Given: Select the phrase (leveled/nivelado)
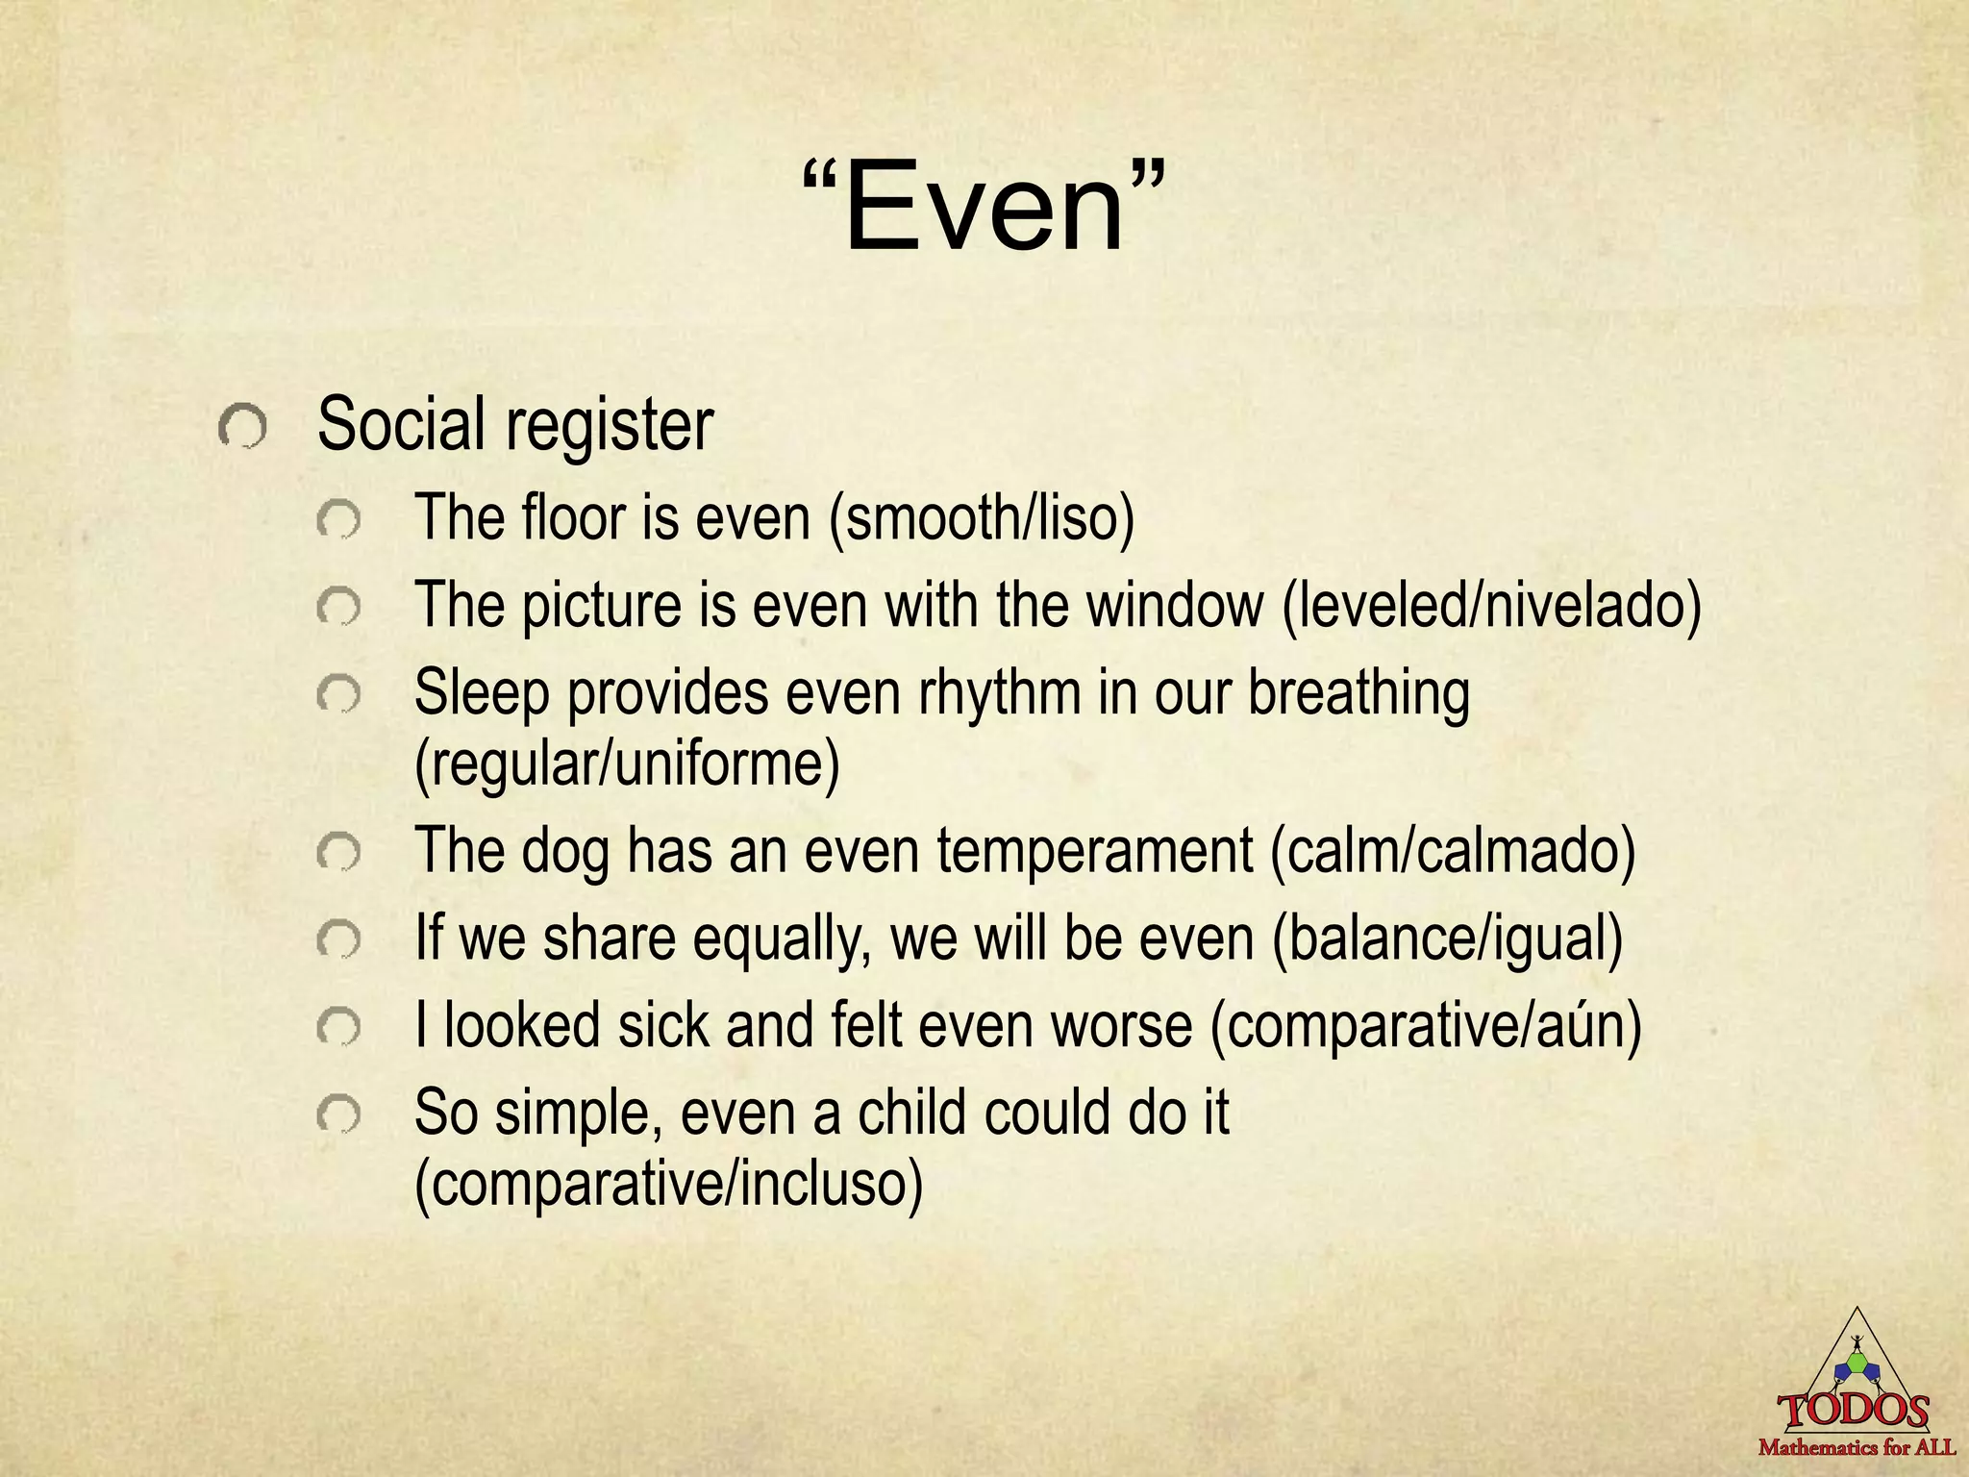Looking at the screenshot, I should click(1491, 607).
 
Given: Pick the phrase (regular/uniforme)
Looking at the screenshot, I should click(627, 764).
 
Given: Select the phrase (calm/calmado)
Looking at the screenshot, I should click(1453, 852).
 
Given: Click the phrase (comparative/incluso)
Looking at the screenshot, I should click(668, 1184).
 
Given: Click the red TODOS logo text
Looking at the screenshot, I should click(1854, 1410).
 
